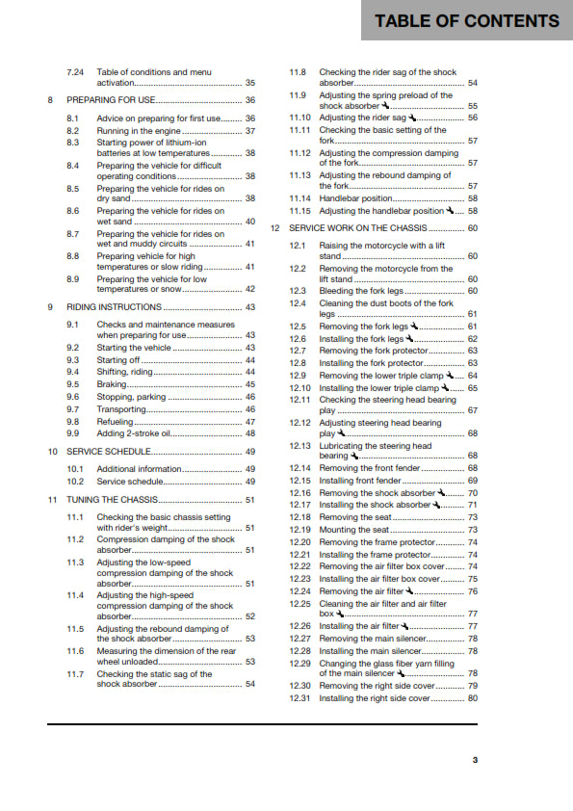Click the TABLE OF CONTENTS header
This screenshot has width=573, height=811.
tap(467, 21)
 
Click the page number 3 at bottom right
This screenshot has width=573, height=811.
tap(474, 760)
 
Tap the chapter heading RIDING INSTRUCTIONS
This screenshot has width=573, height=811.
tap(107, 306)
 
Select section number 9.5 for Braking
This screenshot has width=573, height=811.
tap(73, 383)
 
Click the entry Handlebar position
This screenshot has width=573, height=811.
tap(355, 197)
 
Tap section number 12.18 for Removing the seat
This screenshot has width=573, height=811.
tap(300, 517)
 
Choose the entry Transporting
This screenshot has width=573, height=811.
tap(120, 408)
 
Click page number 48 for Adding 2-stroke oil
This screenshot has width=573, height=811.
tap(249, 433)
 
